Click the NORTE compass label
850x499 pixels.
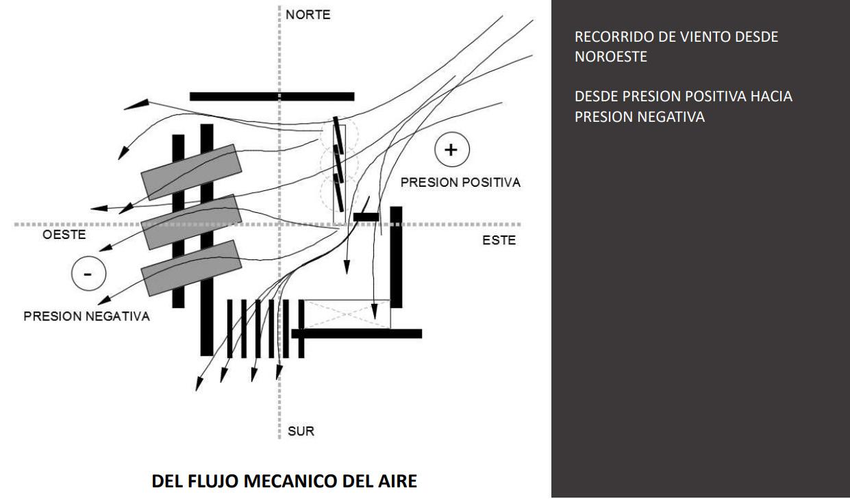click(308, 14)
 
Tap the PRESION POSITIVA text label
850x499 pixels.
click(461, 183)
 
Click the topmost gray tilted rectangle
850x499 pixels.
click(190, 172)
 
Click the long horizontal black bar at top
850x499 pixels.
click(272, 97)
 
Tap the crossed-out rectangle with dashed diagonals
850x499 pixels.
click(347, 314)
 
